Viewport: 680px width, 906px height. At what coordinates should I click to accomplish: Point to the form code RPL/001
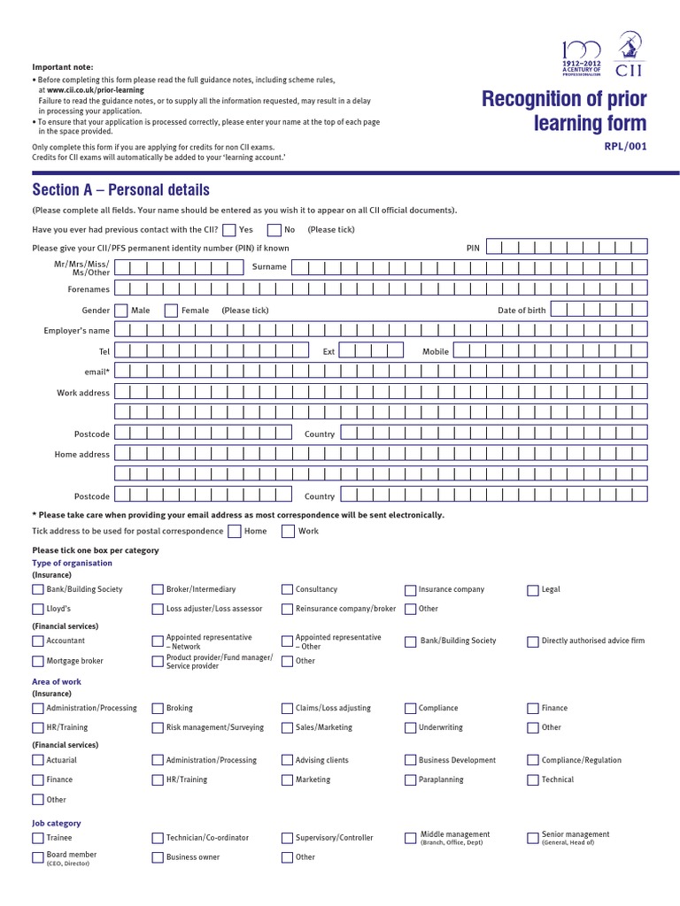(x=625, y=147)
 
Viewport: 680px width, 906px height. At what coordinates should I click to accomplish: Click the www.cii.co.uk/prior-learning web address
(x=95, y=90)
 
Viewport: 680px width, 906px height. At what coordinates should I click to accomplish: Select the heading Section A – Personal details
(x=120, y=190)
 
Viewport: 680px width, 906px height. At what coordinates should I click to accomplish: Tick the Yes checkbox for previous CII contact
(x=229, y=230)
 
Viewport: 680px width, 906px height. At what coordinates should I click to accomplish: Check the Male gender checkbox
(x=121, y=310)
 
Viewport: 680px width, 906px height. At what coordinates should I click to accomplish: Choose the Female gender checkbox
(x=171, y=310)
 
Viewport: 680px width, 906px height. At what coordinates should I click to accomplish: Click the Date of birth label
(x=522, y=311)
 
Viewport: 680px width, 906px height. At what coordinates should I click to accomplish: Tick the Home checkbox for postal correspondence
(x=234, y=531)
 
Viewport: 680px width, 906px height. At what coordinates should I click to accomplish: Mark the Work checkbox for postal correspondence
(x=289, y=531)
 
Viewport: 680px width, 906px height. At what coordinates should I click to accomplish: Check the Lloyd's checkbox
(x=38, y=609)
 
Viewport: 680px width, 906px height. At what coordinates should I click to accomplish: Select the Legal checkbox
(x=533, y=589)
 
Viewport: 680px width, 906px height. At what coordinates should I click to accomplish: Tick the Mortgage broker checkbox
(x=38, y=661)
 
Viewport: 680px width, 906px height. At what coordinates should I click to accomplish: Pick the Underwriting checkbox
(x=411, y=727)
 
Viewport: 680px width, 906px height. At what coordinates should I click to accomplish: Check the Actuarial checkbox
(x=38, y=760)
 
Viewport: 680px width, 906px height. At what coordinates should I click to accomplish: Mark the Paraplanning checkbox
(x=411, y=779)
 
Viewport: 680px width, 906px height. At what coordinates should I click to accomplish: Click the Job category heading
(x=57, y=823)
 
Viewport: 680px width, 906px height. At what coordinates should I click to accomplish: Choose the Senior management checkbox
(x=533, y=837)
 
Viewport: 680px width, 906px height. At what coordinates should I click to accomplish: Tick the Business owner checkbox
(x=158, y=856)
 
